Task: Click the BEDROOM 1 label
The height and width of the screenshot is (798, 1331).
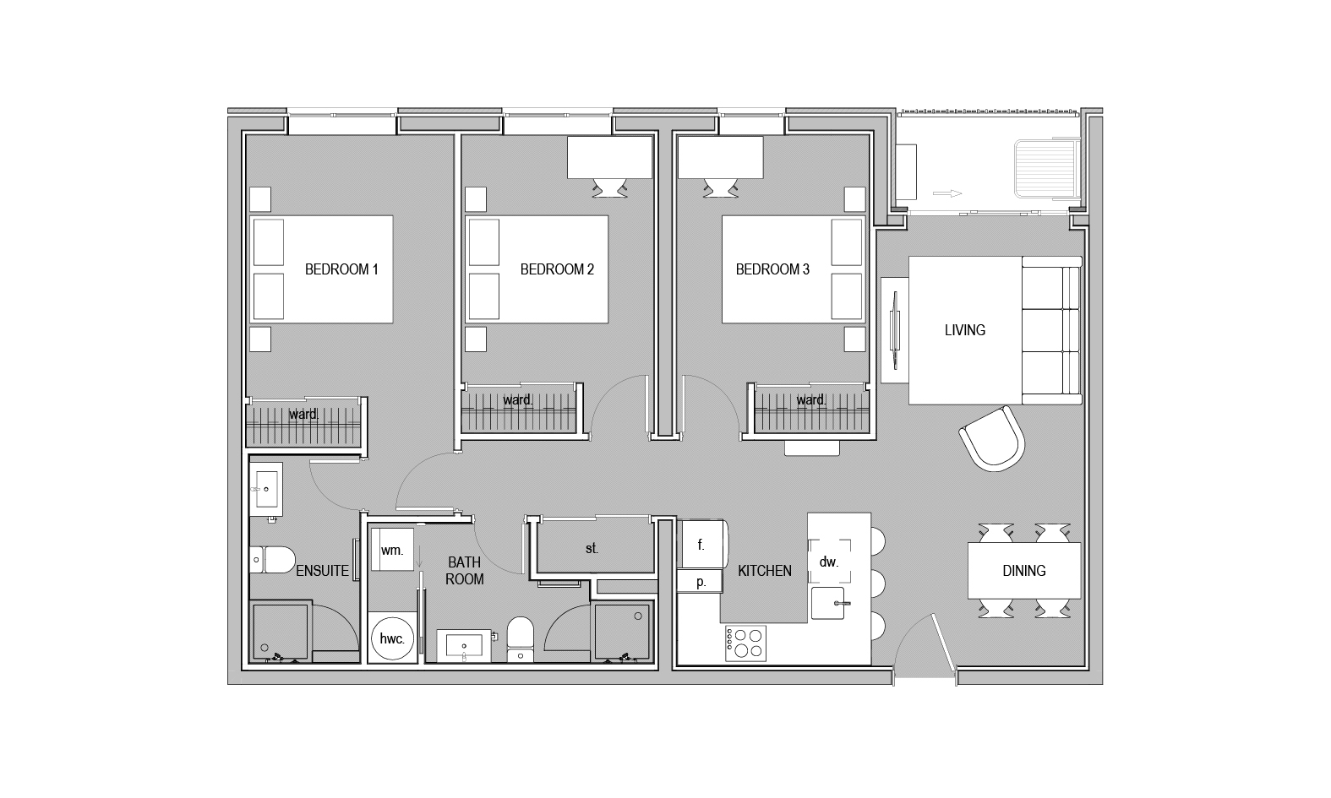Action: tap(341, 269)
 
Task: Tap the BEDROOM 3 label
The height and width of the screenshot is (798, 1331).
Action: tap(772, 269)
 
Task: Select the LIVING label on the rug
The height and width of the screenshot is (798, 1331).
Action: tap(965, 330)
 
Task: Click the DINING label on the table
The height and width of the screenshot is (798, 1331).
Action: tap(1023, 571)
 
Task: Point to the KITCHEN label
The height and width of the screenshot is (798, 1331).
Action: tap(765, 571)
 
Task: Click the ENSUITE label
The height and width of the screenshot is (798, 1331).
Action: tap(322, 571)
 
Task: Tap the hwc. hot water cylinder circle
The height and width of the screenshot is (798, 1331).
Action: tap(391, 639)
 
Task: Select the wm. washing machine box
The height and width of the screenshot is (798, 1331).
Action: tap(391, 550)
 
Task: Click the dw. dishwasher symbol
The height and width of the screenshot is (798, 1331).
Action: tap(829, 561)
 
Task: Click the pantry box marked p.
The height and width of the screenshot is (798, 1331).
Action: tap(701, 581)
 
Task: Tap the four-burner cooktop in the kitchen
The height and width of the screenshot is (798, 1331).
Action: tap(745, 643)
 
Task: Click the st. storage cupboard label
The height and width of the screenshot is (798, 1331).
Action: tap(592, 549)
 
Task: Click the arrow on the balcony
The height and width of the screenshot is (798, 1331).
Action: tap(947, 193)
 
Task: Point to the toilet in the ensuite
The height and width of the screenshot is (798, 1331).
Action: tap(272, 560)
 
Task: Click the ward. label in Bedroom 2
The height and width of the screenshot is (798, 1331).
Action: tap(517, 400)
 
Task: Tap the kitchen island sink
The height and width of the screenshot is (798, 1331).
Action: tap(827, 603)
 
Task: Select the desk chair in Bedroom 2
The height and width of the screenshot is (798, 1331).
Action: tap(609, 187)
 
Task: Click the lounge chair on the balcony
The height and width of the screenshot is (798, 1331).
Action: tap(1047, 168)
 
